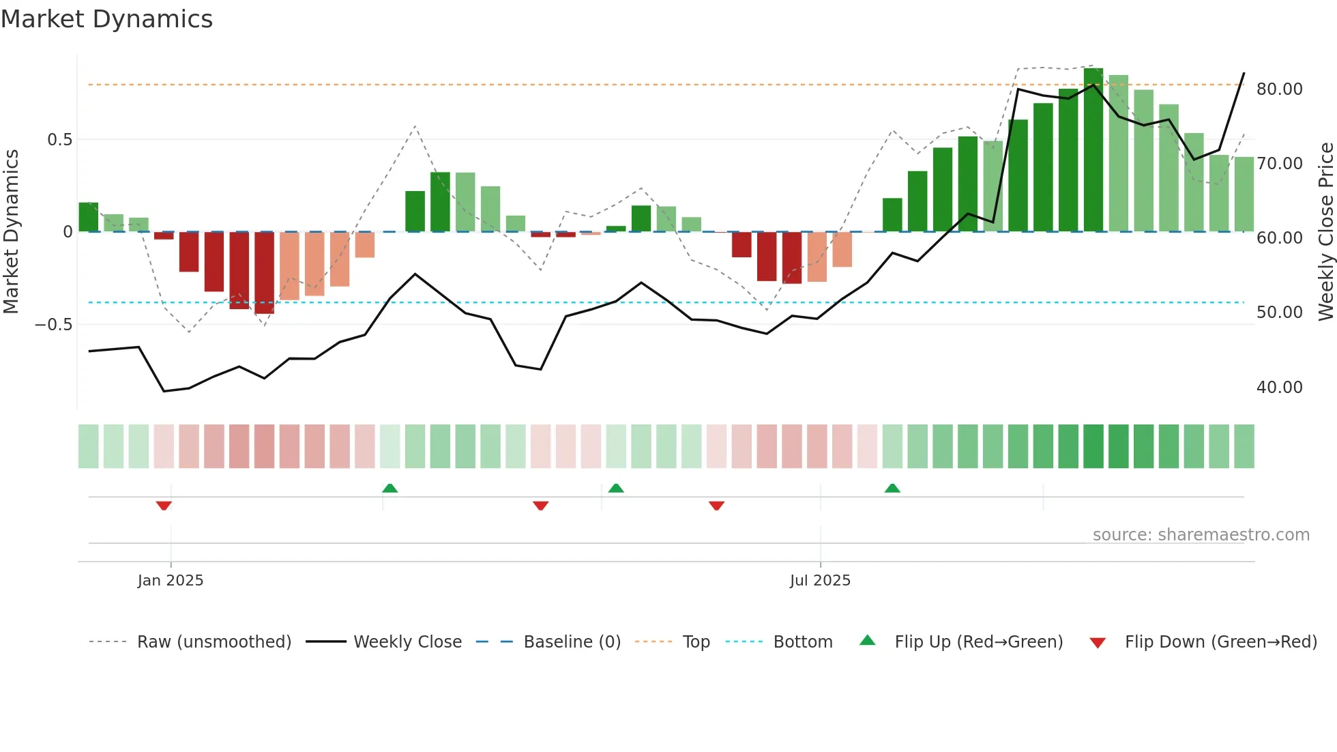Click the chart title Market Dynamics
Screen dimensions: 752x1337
pyautogui.click(x=106, y=19)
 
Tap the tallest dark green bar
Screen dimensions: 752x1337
pyautogui.click(x=1093, y=150)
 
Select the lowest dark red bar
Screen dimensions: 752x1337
pyautogui.click(x=264, y=273)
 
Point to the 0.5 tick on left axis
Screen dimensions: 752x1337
pyautogui.click(x=59, y=140)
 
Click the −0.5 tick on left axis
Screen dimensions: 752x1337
pyautogui.click(x=54, y=325)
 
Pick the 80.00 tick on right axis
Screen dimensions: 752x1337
pyautogui.click(x=1279, y=89)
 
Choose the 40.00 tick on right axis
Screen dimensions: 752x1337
pyautogui.click(x=1279, y=388)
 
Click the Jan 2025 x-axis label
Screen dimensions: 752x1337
pyautogui.click(x=171, y=581)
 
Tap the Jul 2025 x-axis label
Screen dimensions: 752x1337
pyautogui.click(x=820, y=581)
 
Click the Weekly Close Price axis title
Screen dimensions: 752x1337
pyautogui.click(x=1325, y=232)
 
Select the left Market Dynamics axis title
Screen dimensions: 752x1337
pyautogui.click(x=11, y=232)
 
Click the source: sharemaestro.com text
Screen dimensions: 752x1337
pyautogui.click(x=1201, y=535)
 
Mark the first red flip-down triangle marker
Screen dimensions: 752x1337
pyautogui.click(x=164, y=505)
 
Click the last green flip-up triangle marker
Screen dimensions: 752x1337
pyautogui.click(x=892, y=488)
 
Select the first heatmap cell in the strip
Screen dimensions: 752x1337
pyautogui.click(x=89, y=446)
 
